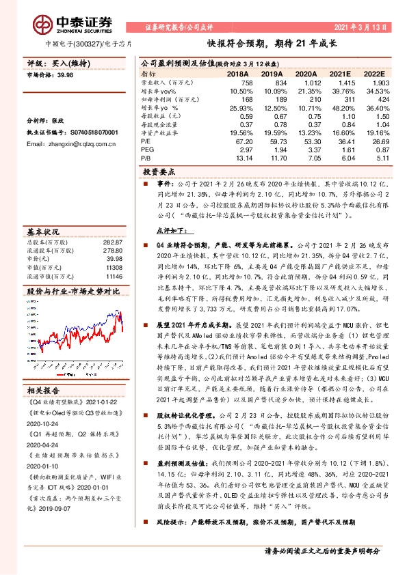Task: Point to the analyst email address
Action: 69,145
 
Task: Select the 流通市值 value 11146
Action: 114,257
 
